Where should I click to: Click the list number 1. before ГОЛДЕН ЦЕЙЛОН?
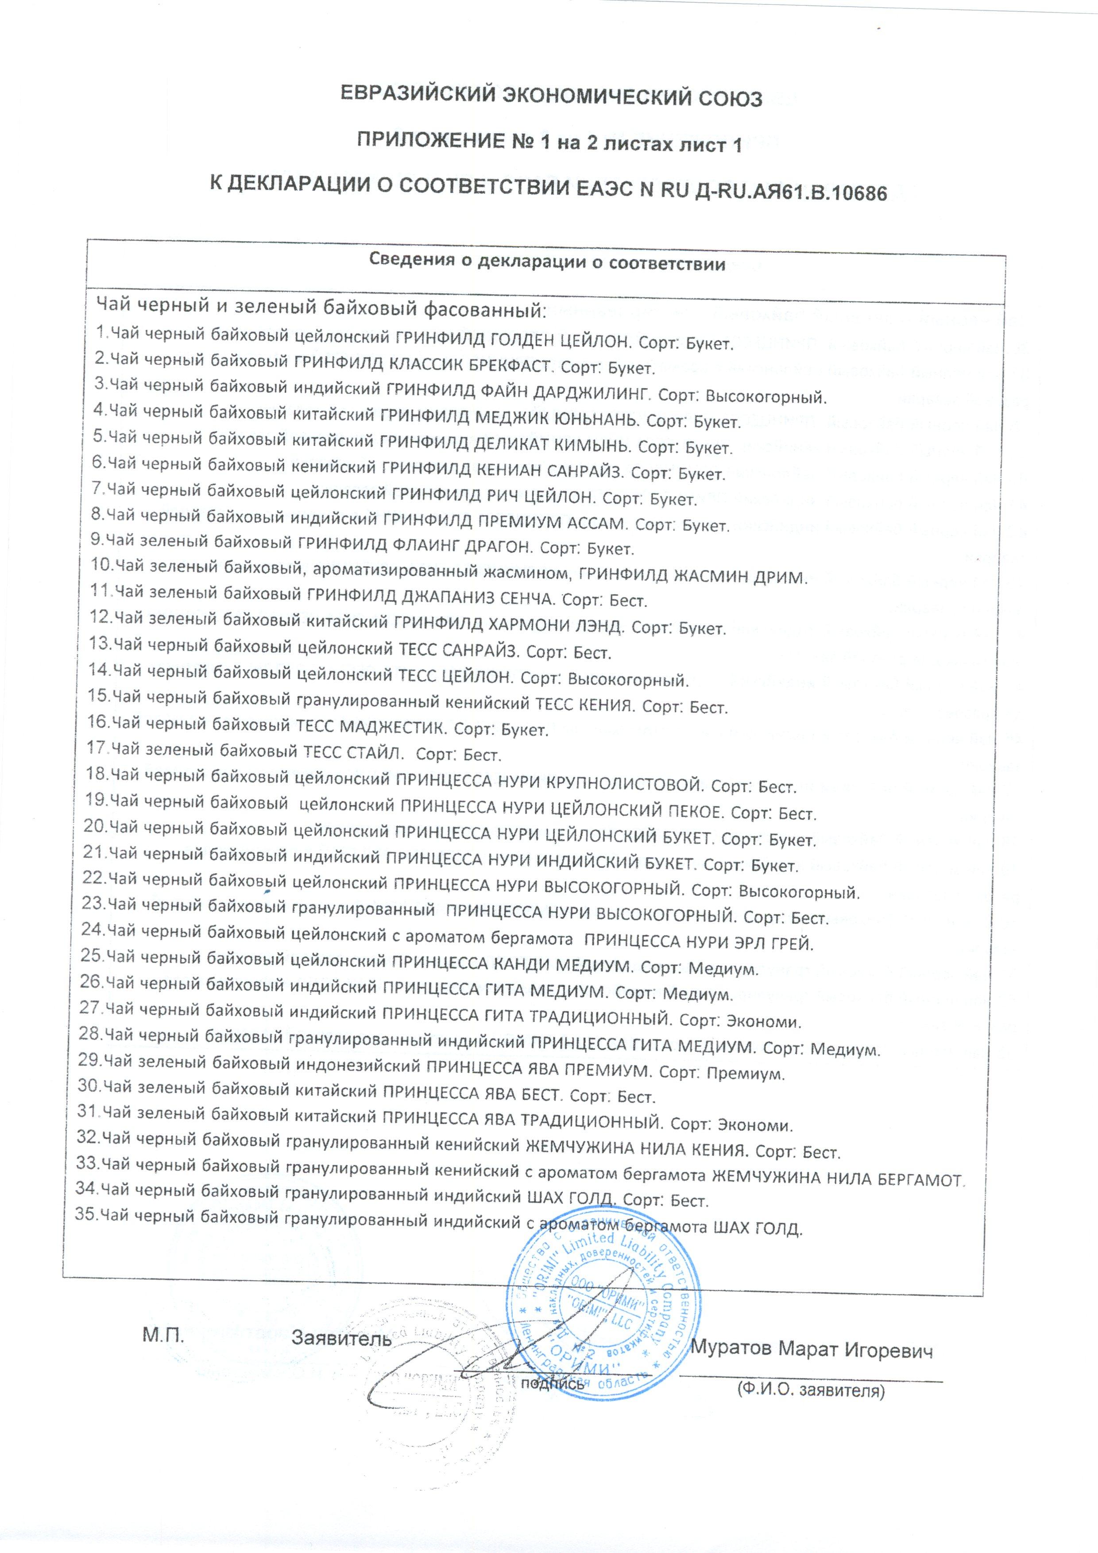click(102, 332)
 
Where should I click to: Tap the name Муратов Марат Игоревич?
click(811, 1350)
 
